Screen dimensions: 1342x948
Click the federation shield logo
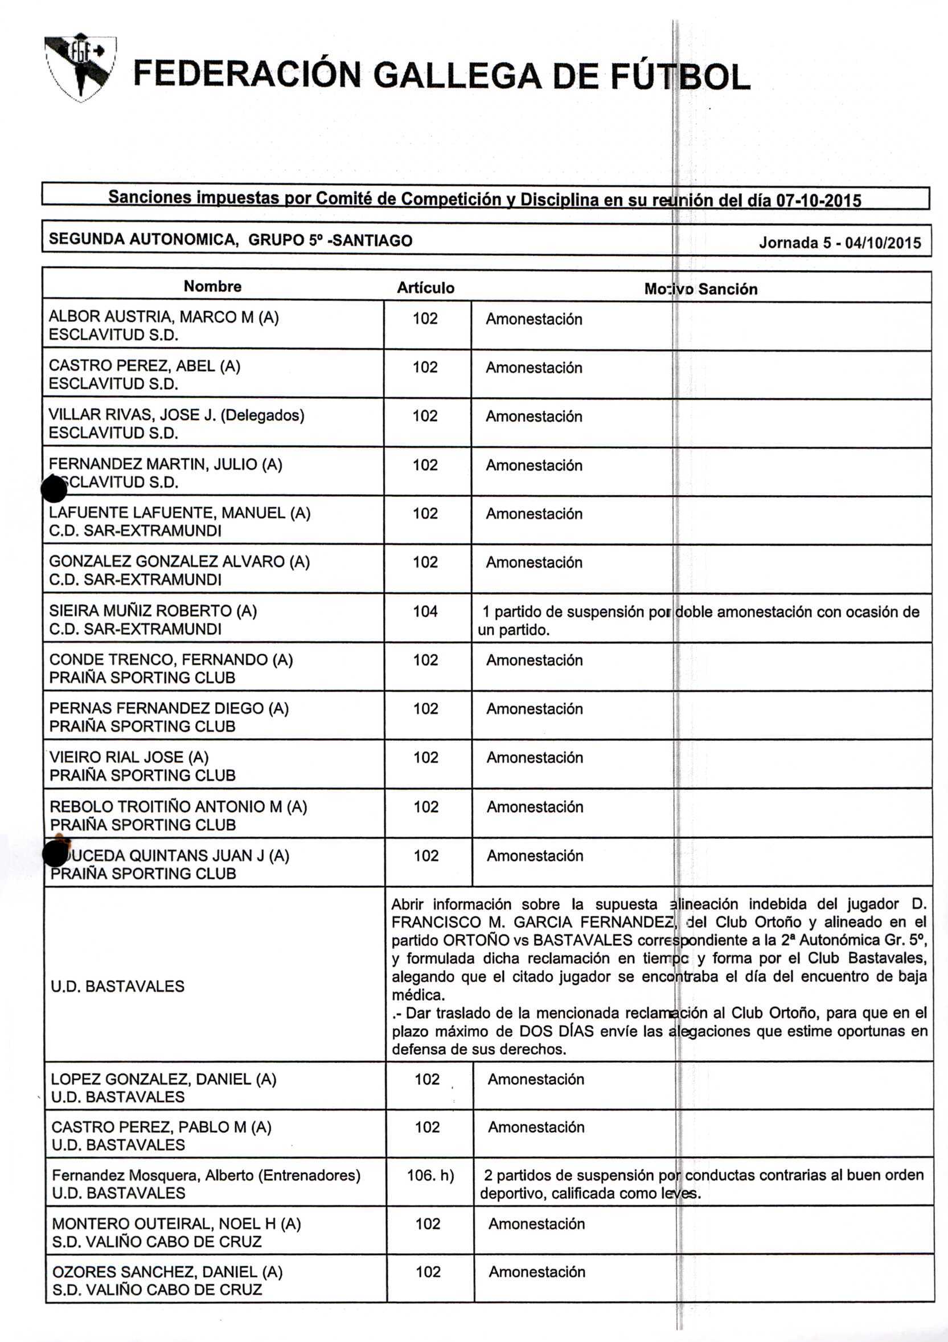pos(81,67)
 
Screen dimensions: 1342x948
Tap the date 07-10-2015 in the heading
pos(818,201)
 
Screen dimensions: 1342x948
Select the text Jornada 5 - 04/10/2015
pos(839,243)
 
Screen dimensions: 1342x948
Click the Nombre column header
pos(212,287)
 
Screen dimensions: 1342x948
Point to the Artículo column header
pos(425,288)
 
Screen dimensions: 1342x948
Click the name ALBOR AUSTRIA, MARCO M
pos(163,317)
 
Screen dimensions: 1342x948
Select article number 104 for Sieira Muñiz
pos(425,611)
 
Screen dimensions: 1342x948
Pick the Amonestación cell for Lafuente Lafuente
pos(534,514)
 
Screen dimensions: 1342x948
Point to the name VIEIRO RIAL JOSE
pos(129,757)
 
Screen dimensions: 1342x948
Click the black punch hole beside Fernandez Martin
pos(55,488)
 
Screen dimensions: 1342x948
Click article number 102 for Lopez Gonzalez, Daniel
pos(427,1079)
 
